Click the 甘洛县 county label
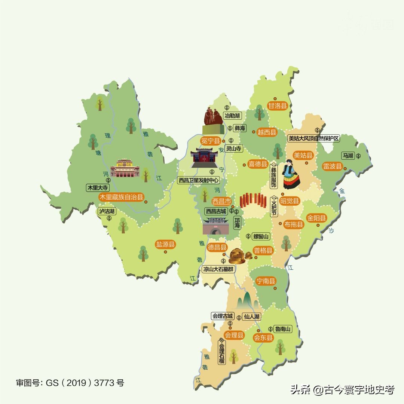pyautogui.click(x=278, y=106)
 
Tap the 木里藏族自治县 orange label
pyautogui.click(x=121, y=197)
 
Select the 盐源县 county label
pyautogui.click(x=165, y=245)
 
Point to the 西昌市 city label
pyautogui.click(x=222, y=201)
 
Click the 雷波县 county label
pyautogui.click(x=332, y=166)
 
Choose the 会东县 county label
pyautogui.click(x=264, y=337)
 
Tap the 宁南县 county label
pyautogui.click(x=266, y=281)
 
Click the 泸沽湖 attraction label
pyautogui.click(x=107, y=211)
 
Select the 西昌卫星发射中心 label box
pyautogui.click(x=198, y=180)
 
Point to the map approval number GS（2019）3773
pyautogui.click(x=70, y=383)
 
